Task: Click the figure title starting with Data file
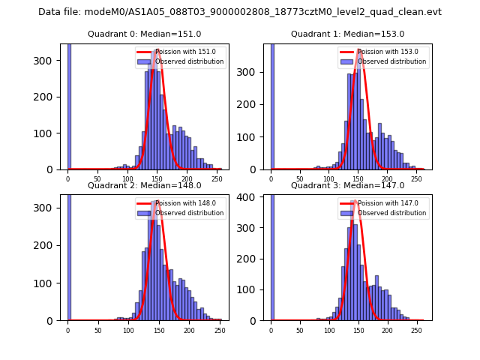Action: [x=240, y=12]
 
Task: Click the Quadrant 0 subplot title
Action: [x=144, y=34]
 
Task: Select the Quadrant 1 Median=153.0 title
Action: [x=347, y=34]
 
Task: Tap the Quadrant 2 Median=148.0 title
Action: [x=144, y=185]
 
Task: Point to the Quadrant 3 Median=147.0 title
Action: [x=347, y=185]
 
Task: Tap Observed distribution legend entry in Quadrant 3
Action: [x=391, y=213]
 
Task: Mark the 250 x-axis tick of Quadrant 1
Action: [x=415, y=178]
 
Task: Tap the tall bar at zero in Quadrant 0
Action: [x=68, y=105]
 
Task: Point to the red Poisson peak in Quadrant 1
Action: [x=360, y=52]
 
